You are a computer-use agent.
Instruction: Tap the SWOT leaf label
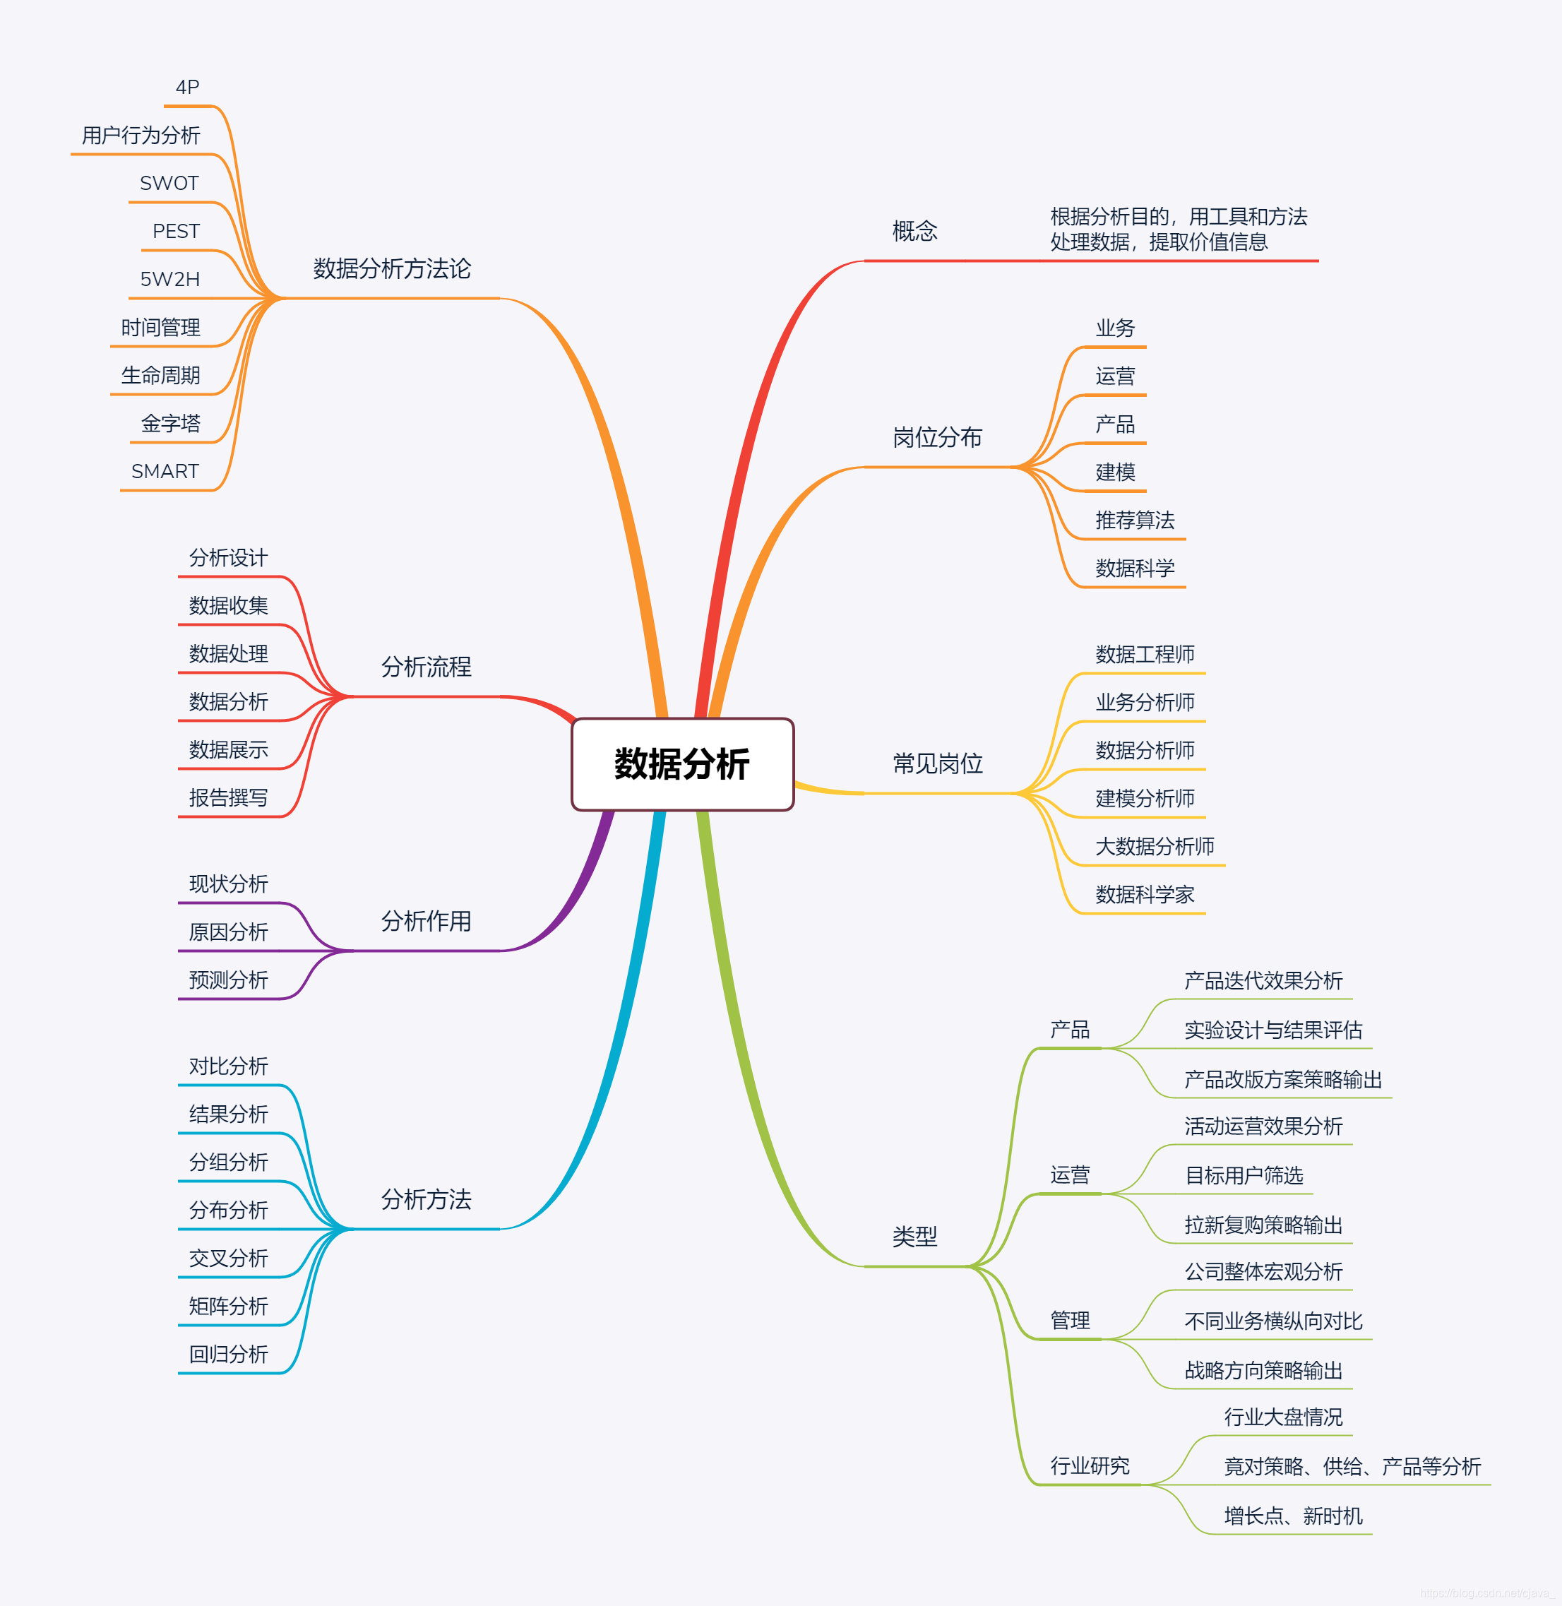[x=169, y=183]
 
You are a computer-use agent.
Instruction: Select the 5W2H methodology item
[x=169, y=279]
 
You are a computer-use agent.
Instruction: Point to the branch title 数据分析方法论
[x=392, y=268]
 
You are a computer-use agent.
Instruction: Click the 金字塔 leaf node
[x=171, y=424]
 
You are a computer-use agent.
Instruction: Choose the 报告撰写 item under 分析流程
[x=228, y=797]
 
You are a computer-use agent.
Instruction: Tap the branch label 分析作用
[x=426, y=921]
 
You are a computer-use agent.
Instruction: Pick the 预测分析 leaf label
[x=228, y=980]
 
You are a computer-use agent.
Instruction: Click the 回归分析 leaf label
[x=228, y=1354]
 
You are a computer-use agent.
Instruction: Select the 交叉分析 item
[x=228, y=1258]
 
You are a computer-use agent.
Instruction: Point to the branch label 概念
[x=914, y=231]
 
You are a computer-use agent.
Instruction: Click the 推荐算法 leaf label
[x=1135, y=521]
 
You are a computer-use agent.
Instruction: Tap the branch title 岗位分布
[x=938, y=437]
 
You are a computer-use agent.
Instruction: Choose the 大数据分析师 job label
[x=1155, y=846]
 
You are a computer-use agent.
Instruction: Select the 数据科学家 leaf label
[x=1145, y=895]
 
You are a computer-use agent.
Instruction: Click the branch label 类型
[x=914, y=1237]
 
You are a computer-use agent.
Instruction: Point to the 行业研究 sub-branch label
[x=1090, y=1465]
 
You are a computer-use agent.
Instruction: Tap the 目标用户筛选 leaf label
[x=1244, y=1176]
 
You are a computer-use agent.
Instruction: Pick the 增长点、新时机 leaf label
[x=1293, y=1516]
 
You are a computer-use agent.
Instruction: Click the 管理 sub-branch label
[x=1070, y=1321]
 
